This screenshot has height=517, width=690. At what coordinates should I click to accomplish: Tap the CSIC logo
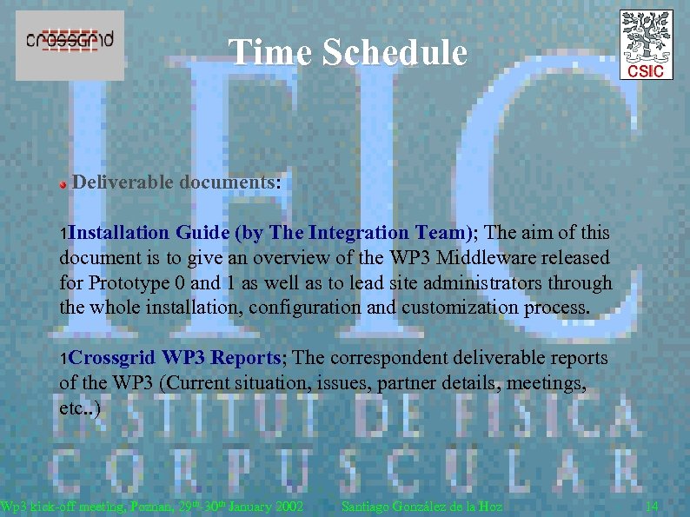(x=646, y=44)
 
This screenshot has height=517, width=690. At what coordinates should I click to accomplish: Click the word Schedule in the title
(x=395, y=52)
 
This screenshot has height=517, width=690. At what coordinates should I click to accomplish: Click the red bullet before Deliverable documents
(x=63, y=185)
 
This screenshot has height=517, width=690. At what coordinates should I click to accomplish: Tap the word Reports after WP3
(x=246, y=358)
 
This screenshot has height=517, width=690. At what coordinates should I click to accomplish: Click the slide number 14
(x=652, y=507)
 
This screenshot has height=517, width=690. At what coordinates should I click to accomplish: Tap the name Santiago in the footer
(x=369, y=507)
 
